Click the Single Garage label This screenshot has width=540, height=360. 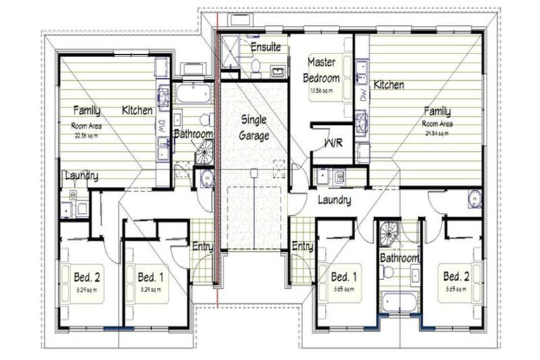coord(254,127)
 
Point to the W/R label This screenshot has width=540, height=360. coord(332,142)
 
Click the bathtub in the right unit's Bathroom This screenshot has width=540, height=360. coord(399,303)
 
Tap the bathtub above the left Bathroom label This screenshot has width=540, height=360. coord(191,93)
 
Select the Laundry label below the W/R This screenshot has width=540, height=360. coord(334,200)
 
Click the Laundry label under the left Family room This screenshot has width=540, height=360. coord(81,176)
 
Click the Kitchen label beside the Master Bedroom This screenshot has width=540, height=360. coord(388,85)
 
